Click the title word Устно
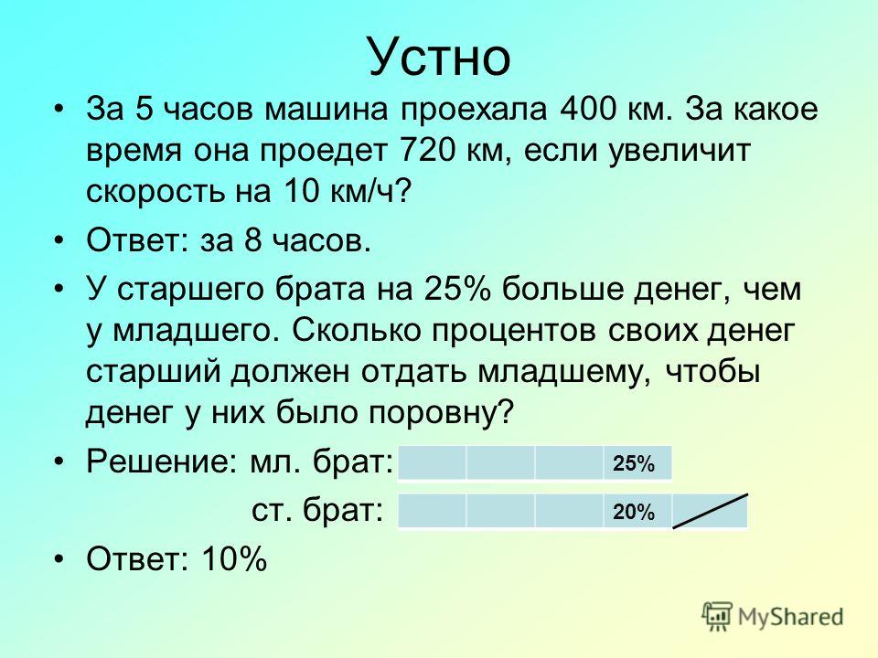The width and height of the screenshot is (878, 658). (x=440, y=57)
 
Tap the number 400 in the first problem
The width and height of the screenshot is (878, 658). (x=587, y=109)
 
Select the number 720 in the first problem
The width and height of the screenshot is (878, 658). (x=428, y=150)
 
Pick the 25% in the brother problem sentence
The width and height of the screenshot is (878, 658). (x=457, y=290)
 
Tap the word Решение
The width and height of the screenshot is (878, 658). (x=163, y=462)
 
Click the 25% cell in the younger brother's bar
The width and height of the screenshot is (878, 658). (x=637, y=463)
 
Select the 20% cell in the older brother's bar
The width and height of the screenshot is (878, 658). (x=637, y=512)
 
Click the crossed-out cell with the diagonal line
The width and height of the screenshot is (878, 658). (x=710, y=512)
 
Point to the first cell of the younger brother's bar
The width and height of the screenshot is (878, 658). (x=432, y=463)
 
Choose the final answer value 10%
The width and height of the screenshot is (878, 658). (x=235, y=559)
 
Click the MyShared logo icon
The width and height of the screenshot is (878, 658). (x=717, y=617)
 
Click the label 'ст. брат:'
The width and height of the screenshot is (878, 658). (x=317, y=511)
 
